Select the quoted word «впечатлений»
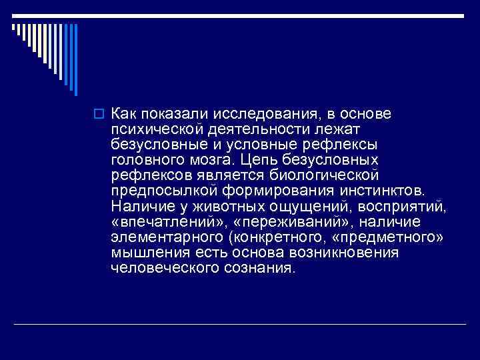(169, 222)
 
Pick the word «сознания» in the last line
(260, 269)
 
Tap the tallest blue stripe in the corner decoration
(75, 59)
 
